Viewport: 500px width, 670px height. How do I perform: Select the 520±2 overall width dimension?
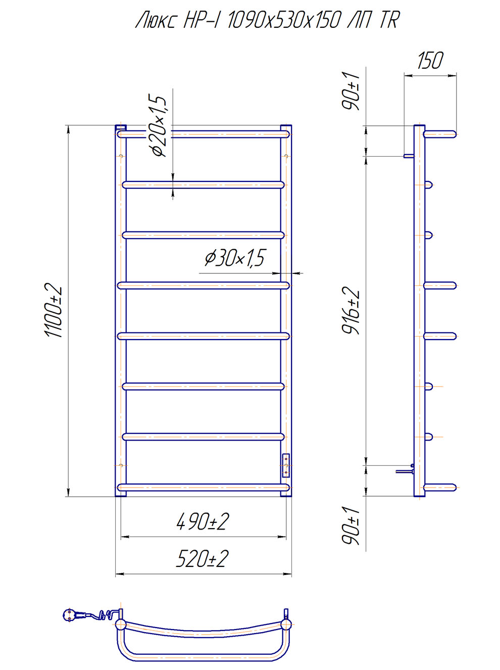202,558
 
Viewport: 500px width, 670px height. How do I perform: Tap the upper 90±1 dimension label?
351,91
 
